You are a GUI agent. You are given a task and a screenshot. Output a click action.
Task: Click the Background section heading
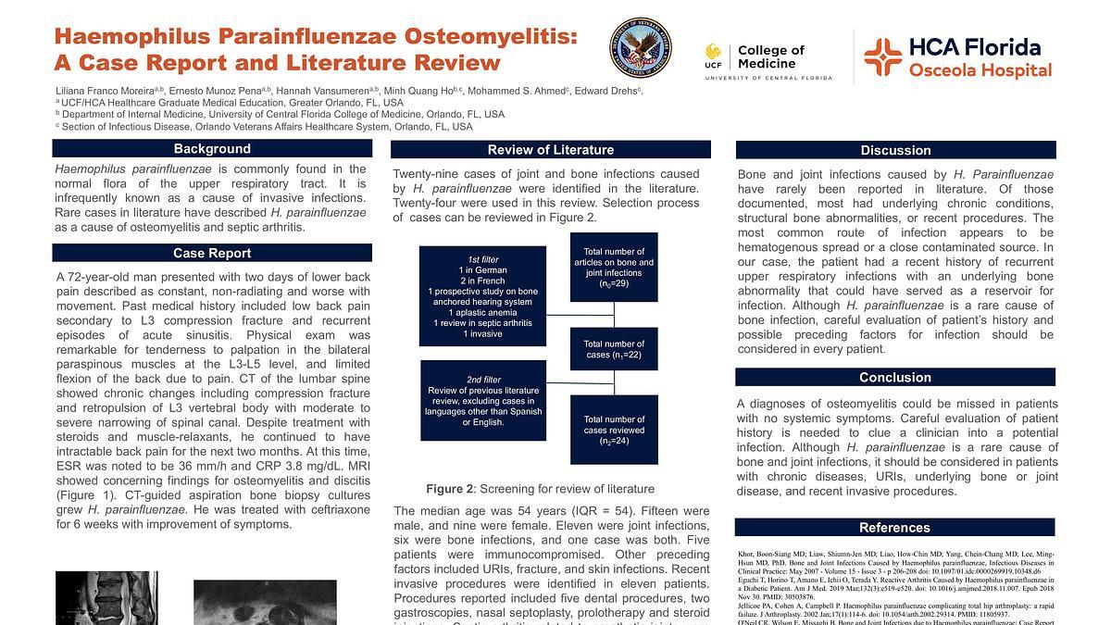point(212,148)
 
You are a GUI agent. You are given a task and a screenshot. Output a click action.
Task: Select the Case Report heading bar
point(212,253)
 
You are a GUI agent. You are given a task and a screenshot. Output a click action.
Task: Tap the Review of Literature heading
point(551,150)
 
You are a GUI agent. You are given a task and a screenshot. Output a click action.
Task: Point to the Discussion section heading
point(895,150)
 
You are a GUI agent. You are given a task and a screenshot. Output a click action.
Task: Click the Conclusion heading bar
point(895,377)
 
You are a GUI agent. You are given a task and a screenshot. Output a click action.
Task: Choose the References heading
point(894,528)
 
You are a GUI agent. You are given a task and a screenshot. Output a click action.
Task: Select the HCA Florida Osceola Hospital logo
point(957,57)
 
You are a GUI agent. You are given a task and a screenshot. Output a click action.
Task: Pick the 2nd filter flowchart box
point(481,401)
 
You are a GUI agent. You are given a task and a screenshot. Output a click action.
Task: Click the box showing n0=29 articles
point(614,268)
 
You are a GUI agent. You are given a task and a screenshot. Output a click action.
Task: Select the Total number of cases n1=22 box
point(614,349)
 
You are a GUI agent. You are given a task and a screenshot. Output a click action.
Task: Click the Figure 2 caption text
point(540,489)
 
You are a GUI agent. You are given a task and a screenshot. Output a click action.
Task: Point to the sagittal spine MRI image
point(93,598)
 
